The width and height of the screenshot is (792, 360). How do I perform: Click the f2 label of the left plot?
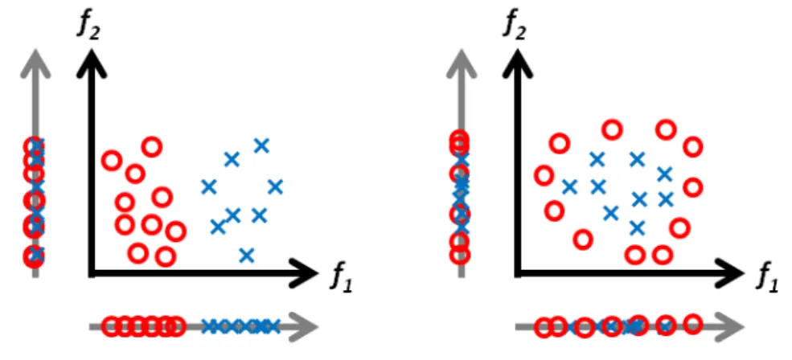[x=89, y=27]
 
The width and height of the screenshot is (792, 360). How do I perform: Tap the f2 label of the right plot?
[x=514, y=27]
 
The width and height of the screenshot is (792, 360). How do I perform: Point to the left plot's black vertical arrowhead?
[x=92, y=63]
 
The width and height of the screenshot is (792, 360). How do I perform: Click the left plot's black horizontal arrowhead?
[x=302, y=273]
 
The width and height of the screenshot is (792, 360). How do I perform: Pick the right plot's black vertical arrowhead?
[x=517, y=63]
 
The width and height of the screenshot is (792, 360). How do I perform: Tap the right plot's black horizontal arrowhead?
[x=728, y=273]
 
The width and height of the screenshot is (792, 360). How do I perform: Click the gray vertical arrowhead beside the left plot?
[x=35, y=63]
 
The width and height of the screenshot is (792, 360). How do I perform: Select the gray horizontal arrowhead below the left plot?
[x=305, y=327]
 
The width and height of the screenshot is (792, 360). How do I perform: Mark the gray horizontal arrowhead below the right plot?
[x=730, y=327]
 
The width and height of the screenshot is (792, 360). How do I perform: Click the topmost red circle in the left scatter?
[x=151, y=147]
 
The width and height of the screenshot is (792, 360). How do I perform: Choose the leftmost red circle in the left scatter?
[x=112, y=161]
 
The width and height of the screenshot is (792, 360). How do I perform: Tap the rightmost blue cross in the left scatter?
[x=275, y=187]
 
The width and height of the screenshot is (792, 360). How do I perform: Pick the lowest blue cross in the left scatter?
[x=246, y=256]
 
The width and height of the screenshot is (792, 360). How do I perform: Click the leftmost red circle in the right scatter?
[x=544, y=176]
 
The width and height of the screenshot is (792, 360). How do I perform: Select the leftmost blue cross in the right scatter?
[x=570, y=187]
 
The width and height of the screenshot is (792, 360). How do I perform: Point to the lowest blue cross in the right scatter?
[x=638, y=227]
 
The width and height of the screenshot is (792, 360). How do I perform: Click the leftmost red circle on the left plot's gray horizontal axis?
[x=112, y=327]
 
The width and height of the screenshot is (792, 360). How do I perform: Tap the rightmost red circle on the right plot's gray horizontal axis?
[x=694, y=323]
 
